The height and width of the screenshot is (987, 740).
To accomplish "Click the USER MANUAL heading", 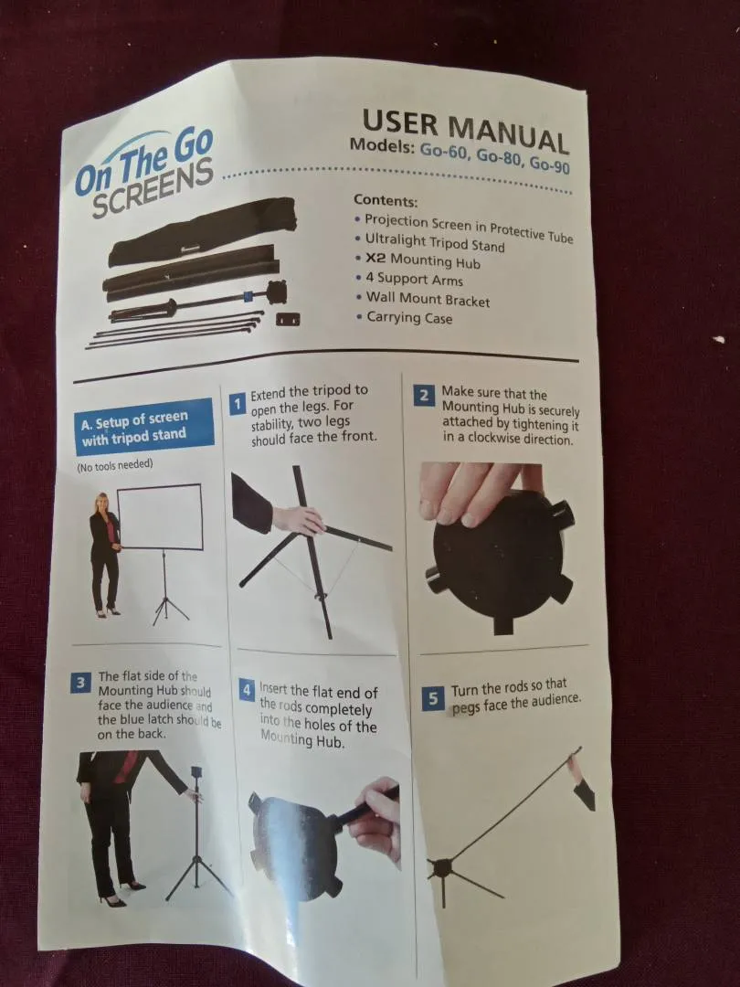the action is coord(466,131).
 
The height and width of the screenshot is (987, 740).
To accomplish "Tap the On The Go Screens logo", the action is coord(144,172).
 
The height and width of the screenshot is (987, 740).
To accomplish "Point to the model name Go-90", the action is coord(549,164).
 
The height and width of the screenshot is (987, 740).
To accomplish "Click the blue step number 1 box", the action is coord(238,404).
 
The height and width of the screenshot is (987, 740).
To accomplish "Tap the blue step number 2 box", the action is coord(424,396).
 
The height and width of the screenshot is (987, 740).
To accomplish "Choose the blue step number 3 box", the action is coord(80,683).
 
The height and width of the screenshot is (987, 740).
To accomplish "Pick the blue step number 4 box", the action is coord(247,689).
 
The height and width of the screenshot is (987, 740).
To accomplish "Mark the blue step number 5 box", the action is coord(433,698).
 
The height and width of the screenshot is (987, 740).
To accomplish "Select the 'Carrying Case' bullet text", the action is coord(409,316).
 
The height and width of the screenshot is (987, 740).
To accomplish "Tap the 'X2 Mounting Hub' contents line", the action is coord(422,260).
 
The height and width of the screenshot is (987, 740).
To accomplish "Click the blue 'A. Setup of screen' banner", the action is coord(143,427).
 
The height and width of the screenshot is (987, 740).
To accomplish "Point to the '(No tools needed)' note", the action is coord(114,465).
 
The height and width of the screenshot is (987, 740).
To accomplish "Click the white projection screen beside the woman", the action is coord(161,517).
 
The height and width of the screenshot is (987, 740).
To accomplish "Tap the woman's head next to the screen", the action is coord(100,503).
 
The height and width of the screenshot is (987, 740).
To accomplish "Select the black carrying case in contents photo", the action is coord(201,231).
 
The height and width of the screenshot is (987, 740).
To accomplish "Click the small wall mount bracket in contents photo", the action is coord(288,319).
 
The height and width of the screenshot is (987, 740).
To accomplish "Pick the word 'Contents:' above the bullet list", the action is coord(386,200).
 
